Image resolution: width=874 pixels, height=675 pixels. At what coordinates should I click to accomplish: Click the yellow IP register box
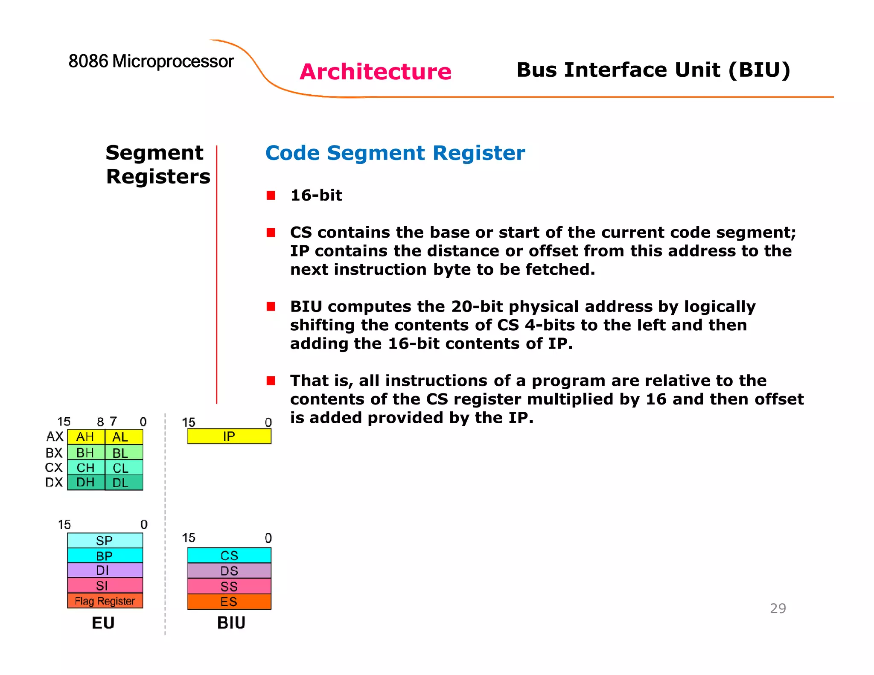[229, 436]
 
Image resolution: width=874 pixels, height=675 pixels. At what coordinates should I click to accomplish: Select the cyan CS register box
[229, 556]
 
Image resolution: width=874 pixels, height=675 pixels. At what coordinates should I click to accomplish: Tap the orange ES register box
[229, 602]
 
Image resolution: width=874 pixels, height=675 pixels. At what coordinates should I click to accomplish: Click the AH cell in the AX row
[86, 437]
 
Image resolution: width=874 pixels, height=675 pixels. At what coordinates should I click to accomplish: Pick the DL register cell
[124, 483]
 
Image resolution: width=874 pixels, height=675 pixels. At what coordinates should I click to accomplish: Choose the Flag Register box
[105, 601]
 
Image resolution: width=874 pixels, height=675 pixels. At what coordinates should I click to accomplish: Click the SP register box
[105, 541]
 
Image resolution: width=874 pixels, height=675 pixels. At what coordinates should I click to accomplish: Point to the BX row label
[54, 453]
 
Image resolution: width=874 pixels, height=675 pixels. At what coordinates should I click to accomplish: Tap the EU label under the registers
[103, 623]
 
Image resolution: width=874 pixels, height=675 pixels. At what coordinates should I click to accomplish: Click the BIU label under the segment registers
[231, 623]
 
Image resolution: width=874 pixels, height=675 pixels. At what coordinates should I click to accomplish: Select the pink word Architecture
[375, 72]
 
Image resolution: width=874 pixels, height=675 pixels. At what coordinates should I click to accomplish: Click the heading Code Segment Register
[395, 153]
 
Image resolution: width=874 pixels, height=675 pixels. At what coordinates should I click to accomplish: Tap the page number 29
[778, 608]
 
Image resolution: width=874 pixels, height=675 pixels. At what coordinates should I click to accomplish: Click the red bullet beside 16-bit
[271, 195]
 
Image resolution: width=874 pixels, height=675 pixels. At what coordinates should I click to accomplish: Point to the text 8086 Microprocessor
[151, 61]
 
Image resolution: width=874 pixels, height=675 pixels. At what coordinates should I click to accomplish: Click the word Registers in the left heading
[158, 177]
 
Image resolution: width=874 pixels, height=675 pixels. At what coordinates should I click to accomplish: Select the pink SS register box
[229, 586]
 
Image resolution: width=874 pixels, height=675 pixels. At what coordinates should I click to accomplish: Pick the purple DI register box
[105, 570]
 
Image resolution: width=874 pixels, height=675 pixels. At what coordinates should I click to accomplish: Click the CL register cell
[124, 468]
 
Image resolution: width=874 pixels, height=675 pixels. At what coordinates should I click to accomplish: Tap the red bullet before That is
[271, 381]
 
